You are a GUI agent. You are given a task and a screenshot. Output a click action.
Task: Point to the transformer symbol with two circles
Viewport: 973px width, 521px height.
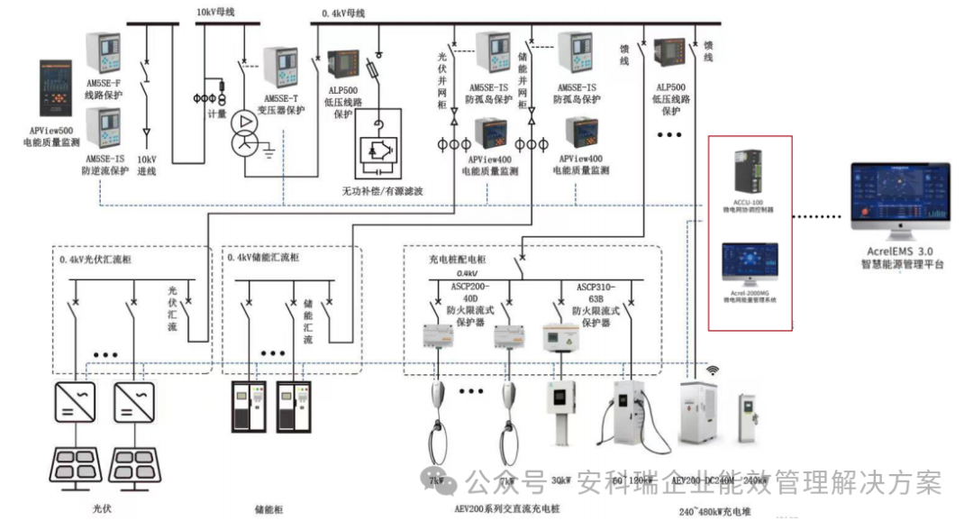pos(244,133)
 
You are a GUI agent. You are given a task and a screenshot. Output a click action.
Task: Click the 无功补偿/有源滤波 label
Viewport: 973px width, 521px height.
pos(382,191)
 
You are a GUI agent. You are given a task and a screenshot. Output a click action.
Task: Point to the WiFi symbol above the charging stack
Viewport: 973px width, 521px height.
pos(712,370)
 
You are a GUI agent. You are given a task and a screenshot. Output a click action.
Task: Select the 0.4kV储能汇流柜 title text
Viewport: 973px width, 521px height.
pos(263,258)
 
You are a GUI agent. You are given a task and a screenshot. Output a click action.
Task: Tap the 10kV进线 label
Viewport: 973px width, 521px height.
pos(146,164)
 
